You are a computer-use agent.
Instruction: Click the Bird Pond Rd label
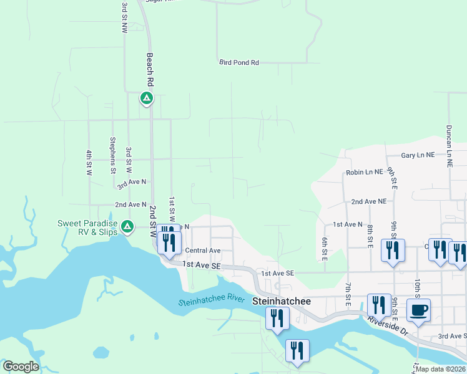[239, 63]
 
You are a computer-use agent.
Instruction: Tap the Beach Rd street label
[150, 69]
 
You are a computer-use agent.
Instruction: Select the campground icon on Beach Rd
[146, 98]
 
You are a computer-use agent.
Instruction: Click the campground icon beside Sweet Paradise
[127, 226]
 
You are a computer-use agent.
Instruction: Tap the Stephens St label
[113, 155]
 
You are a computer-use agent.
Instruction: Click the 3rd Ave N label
[131, 182]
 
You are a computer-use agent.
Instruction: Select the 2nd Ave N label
[130, 204]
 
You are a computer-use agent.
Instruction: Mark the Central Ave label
[203, 251]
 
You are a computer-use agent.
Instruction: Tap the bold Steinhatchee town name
[281, 300]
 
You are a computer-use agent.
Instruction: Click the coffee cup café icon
[418, 310]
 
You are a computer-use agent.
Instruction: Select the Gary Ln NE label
[418, 155]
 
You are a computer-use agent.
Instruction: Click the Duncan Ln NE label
[449, 144]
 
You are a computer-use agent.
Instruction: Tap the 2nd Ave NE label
[369, 201]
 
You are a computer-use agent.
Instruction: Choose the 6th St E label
[325, 248]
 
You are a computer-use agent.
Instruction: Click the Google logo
[21, 367]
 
